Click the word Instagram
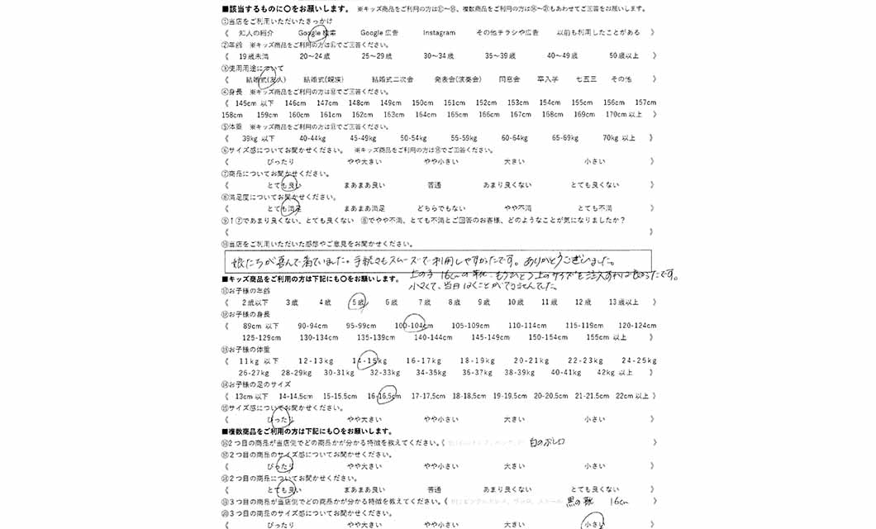439,32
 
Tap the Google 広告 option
380,32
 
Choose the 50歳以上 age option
624,55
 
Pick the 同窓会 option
509,79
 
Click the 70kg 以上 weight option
619,138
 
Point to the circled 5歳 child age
359,303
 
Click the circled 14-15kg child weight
368,361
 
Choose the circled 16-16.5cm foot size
383,396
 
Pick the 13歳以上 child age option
623,303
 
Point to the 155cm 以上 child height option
607,337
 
